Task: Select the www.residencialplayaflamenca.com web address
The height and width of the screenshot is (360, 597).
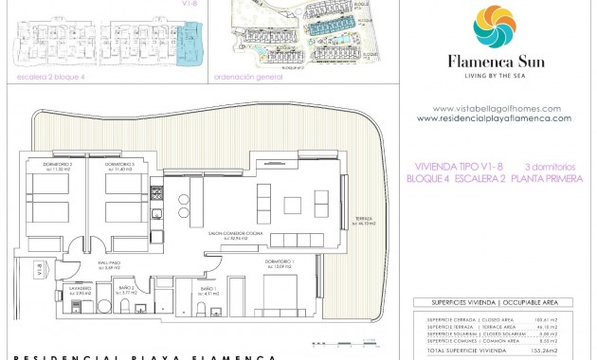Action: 493,118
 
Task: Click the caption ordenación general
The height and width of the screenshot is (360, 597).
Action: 249,77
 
